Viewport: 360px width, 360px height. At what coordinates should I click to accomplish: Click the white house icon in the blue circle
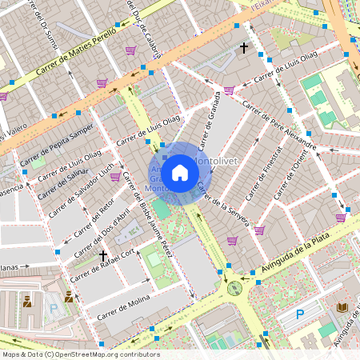tap(180, 173)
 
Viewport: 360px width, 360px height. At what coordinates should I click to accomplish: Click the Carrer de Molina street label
tap(123, 310)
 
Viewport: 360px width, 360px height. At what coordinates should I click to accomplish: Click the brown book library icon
tap(342, 307)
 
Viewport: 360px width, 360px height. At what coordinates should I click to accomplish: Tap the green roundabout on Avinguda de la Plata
tap(234, 288)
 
